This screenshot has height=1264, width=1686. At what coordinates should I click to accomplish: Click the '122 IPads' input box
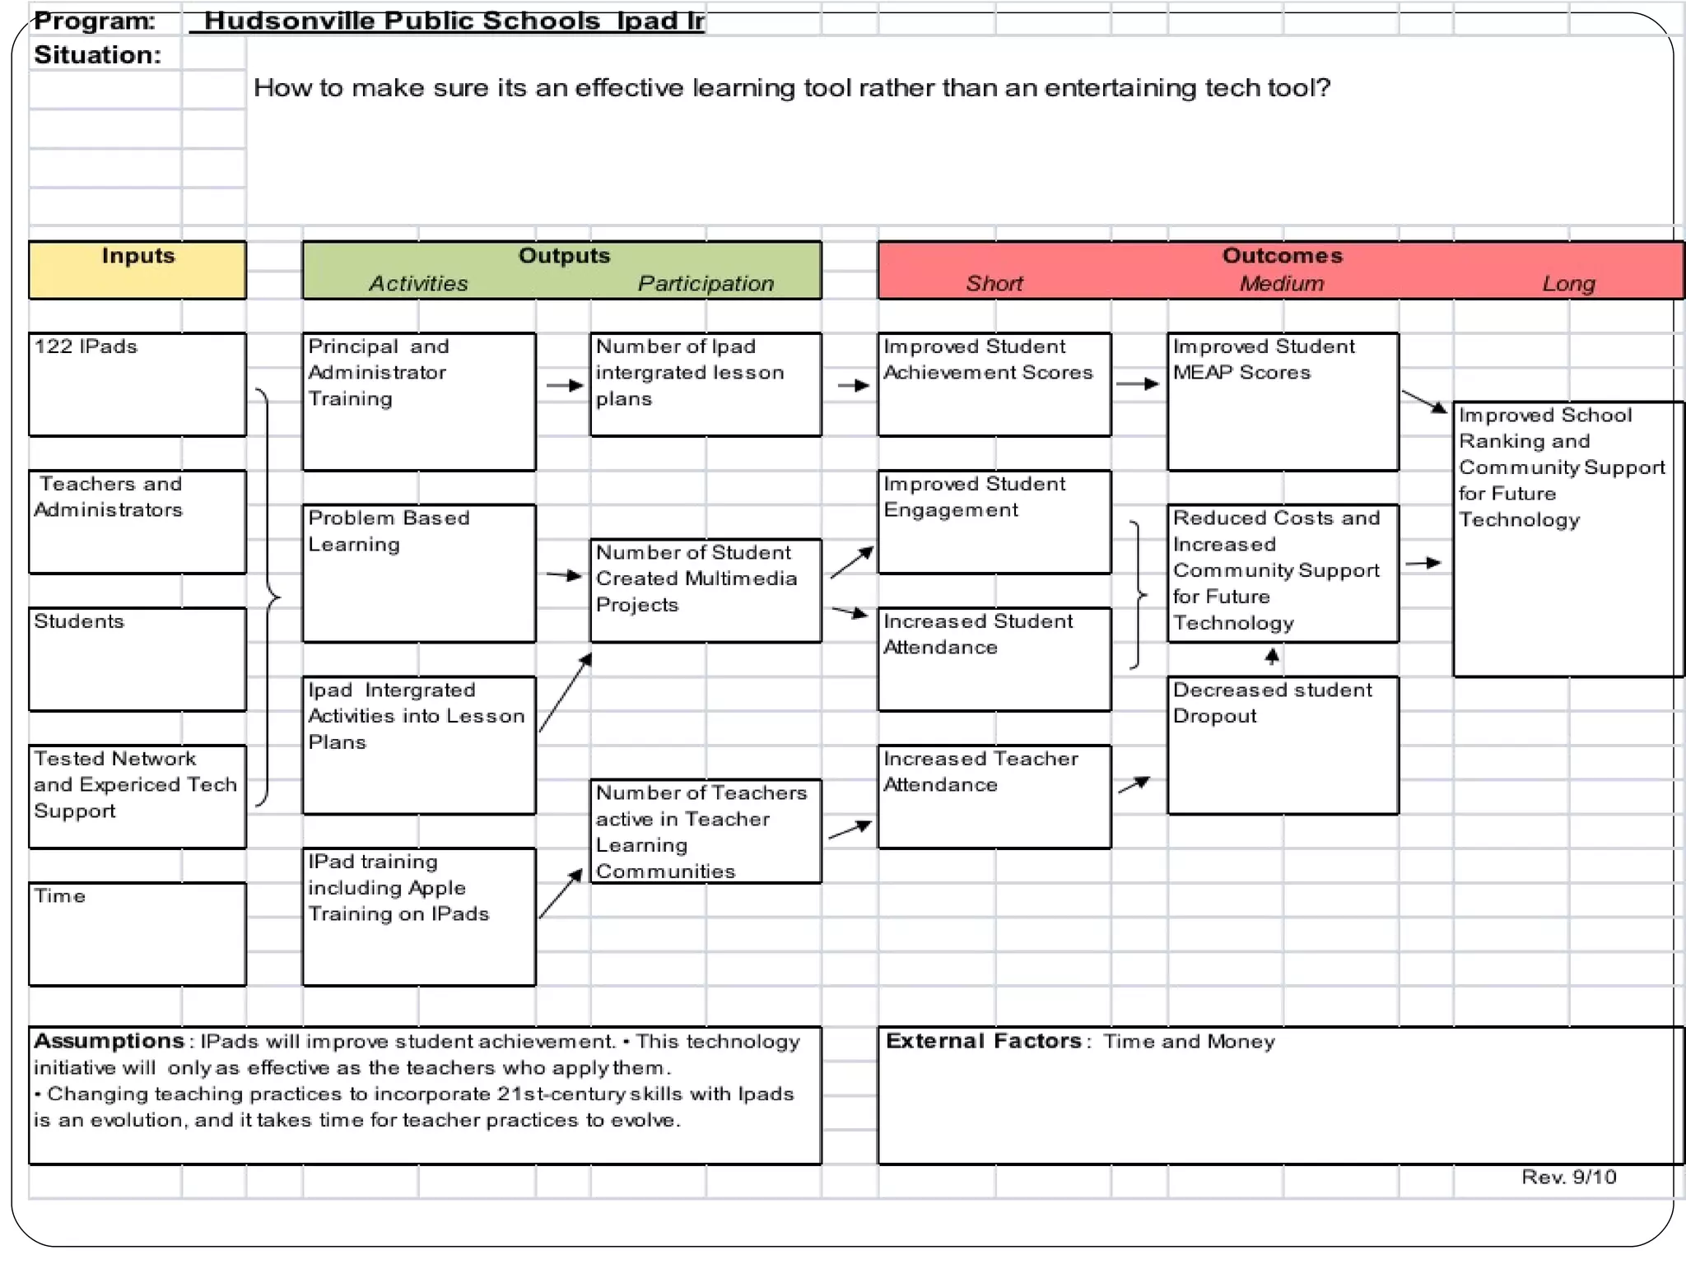(137, 383)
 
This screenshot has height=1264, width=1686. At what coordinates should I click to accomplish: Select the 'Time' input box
(137, 933)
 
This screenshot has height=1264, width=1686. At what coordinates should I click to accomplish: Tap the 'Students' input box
(137, 658)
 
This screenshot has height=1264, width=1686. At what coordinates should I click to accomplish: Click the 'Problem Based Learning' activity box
(418, 573)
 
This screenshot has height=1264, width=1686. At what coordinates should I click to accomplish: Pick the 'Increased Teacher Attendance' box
(994, 796)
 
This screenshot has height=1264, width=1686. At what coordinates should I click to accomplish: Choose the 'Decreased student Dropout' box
(1282, 745)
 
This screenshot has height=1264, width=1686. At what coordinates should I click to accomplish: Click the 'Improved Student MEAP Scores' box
(1282, 401)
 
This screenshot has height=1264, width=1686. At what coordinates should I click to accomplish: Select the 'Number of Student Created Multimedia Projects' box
(705, 590)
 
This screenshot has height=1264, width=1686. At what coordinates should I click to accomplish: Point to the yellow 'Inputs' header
(137, 269)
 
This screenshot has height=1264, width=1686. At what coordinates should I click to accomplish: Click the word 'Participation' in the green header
(706, 283)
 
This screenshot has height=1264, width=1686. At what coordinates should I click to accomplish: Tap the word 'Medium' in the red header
(1282, 283)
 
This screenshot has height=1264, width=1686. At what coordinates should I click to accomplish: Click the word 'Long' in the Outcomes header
(1568, 283)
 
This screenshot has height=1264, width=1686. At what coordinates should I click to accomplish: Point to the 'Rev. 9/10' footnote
(1568, 1177)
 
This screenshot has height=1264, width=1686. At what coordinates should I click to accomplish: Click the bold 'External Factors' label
(983, 1041)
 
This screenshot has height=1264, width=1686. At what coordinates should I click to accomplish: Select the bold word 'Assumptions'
(109, 1041)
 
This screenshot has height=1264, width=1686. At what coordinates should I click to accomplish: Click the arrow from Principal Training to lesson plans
(565, 385)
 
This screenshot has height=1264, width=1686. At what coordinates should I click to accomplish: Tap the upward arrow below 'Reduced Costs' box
(1272, 657)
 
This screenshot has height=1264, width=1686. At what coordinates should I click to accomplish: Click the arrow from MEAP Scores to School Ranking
(1424, 402)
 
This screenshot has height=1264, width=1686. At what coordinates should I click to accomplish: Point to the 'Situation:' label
(97, 55)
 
